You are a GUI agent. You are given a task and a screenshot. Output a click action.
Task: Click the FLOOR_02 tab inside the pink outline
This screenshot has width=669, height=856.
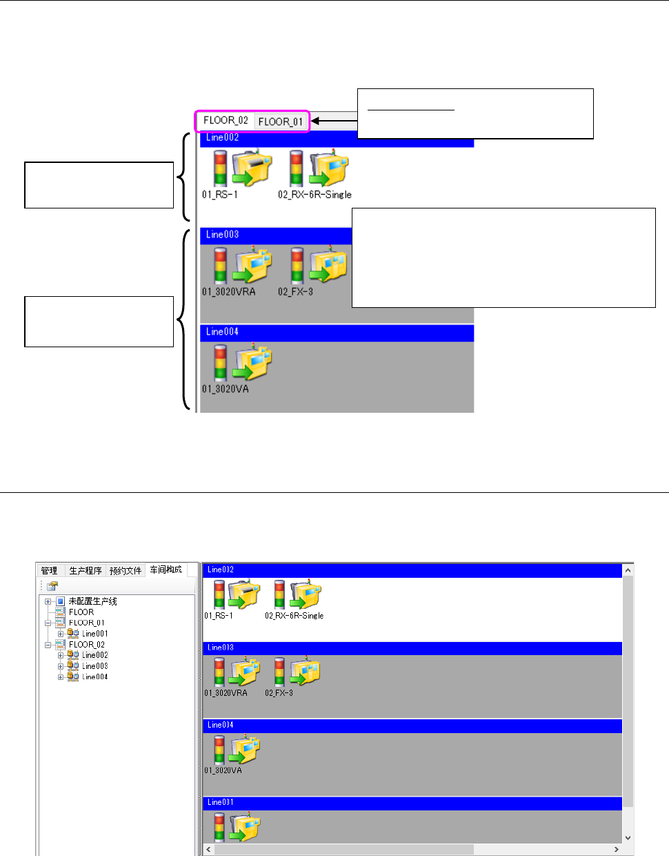226,120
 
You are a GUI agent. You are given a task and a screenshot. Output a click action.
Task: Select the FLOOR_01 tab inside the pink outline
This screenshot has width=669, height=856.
280,121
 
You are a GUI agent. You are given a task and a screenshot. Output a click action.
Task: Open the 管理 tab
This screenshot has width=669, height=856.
49,570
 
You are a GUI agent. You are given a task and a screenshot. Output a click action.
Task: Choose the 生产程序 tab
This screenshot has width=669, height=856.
86,570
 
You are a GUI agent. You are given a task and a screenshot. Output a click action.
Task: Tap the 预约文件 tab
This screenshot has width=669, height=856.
126,570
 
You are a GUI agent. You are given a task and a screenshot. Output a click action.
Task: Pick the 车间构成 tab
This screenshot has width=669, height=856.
166,570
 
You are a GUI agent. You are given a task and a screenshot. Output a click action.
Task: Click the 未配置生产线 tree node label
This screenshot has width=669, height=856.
92,601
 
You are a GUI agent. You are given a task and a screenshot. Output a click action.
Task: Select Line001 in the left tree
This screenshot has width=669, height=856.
94,634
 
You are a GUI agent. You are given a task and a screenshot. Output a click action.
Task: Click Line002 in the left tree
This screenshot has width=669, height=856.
94,655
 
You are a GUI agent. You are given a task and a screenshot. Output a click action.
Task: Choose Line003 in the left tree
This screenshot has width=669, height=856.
94,666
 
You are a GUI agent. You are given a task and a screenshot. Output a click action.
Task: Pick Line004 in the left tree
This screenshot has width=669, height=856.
94,677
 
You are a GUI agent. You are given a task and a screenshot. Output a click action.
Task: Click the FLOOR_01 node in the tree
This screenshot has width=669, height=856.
86,623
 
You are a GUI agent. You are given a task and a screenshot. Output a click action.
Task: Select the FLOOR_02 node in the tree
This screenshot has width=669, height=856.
86,645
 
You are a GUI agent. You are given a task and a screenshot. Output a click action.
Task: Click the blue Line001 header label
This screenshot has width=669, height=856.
221,802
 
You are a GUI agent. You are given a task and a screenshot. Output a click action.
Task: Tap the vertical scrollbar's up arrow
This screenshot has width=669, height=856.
628,570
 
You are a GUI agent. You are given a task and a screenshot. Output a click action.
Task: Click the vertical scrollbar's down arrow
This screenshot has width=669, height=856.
628,837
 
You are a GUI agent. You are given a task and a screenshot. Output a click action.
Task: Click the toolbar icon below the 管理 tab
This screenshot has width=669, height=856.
52,586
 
